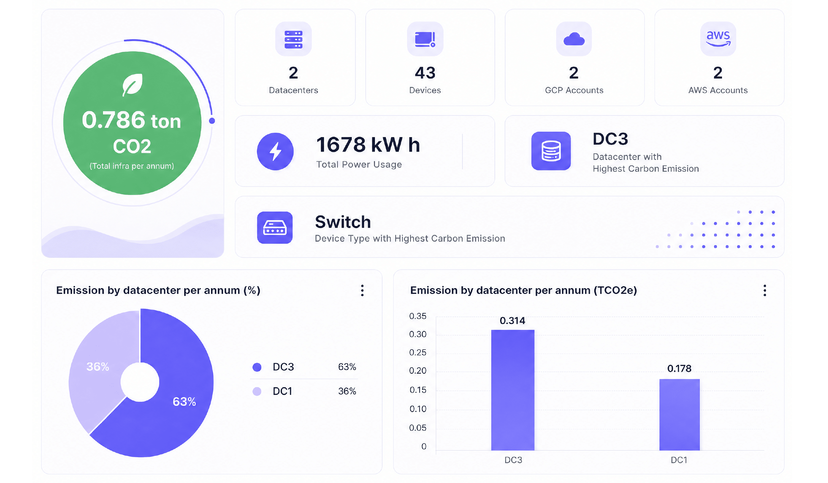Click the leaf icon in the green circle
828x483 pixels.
(132, 85)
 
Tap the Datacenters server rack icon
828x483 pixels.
(293, 39)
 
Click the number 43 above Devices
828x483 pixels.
(425, 73)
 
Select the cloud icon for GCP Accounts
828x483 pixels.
(574, 39)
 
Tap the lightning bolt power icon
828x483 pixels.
(275, 151)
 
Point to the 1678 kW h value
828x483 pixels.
(368, 145)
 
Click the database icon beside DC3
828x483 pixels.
(551, 151)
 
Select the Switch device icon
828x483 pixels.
(275, 228)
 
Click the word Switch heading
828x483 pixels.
(343, 222)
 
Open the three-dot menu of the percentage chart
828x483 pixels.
(362, 290)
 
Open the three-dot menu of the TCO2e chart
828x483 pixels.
(765, 290)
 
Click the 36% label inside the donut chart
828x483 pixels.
(98, 366)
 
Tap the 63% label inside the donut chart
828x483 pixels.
(184, 402)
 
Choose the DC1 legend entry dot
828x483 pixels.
(257, 391)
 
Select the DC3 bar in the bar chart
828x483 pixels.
(513, 390)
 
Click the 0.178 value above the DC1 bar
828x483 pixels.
(679, 368)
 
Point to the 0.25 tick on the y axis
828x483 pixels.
(418, 352)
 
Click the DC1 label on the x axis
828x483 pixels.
(679, 460)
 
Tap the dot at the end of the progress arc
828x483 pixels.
(212, 121)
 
